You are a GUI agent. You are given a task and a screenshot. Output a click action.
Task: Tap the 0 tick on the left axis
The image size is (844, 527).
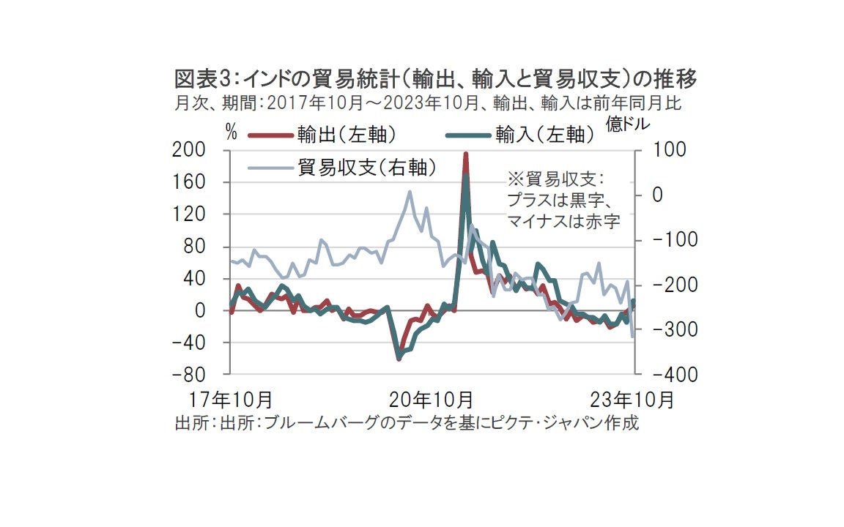(199, 310)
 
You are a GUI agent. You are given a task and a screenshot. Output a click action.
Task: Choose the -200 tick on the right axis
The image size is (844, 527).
(667, 285)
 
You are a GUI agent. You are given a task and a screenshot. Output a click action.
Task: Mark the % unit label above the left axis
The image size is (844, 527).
(232, 132)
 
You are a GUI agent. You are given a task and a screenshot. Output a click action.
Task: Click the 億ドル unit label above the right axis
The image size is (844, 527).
(628, 124)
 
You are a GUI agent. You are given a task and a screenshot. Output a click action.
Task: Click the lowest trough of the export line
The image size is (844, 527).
(399, 359)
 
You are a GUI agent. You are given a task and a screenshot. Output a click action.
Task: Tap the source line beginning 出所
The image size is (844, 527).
(407, 423)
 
